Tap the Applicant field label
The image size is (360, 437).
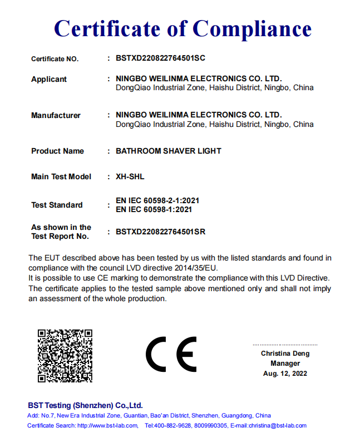(49, 79)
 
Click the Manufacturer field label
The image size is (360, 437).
(56, 115)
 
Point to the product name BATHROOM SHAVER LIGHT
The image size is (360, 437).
(168, 151)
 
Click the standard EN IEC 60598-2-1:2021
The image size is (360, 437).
(157, 200)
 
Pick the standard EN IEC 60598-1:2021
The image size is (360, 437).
(154, 209)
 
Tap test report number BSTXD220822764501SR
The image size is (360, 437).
(160, 232)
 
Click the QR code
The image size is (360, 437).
(65, 355)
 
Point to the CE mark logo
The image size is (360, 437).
(171, 354)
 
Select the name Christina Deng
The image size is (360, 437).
(285, 353)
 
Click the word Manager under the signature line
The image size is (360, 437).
(285, 364)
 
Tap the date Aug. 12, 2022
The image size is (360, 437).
(285, 374)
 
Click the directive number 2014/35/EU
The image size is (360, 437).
(200, 268)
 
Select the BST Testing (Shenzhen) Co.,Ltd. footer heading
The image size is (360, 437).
(85, 405)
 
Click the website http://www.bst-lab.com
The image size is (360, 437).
(107, 425)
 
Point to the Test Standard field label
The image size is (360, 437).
(57, 205)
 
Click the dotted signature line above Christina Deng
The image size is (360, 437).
(285, 345)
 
